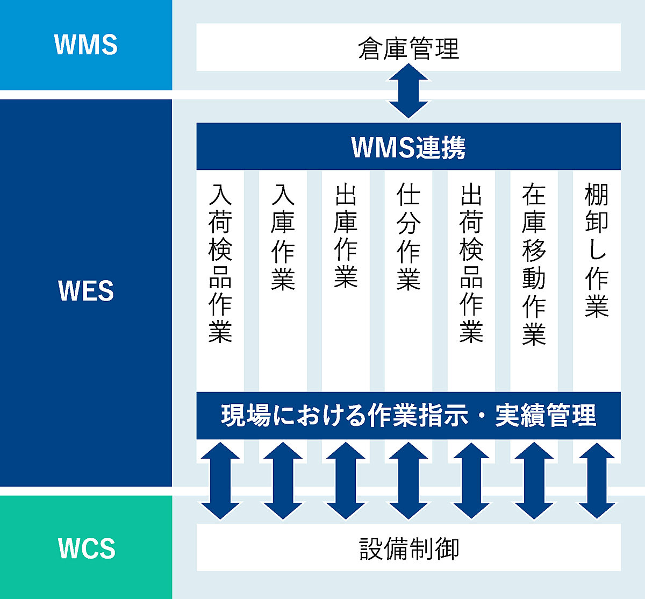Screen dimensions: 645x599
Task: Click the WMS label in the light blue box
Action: click(x=86, y=45)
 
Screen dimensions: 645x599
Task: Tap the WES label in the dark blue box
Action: click(x=86, y=290)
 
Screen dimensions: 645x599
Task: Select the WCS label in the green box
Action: click(x=87, y=548)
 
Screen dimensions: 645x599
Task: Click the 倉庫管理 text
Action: click(x=408, y=48)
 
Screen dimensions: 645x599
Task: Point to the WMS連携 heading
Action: click(x=408, y=147)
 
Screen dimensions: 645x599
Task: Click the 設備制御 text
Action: click(x=409, y=549)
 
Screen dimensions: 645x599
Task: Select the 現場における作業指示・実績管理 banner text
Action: click(x=408, y=415)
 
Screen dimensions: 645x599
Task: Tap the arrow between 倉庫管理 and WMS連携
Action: click(x=408, y=91)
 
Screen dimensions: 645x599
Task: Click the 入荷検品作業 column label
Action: click(x=220, y=263)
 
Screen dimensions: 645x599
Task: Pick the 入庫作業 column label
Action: click(x=283, y=237)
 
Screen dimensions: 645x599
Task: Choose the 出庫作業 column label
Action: click(x=346, y=236)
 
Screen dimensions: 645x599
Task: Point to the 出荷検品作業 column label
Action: click(x=471, y=263)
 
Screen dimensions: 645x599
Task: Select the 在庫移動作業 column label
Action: click(x=534, y=263)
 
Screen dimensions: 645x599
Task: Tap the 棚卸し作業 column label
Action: click(x=597, y=249)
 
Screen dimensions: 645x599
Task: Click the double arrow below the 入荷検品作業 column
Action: click(x=220, y=480)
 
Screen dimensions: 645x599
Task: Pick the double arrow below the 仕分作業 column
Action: click(x=408, y=480)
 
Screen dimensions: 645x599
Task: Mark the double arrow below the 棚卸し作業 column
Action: click(x=597, y=480)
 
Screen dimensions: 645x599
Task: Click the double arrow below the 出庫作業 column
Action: click(x=346, y=480)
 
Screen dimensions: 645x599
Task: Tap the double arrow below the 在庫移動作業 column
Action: click(x=534, y=480)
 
